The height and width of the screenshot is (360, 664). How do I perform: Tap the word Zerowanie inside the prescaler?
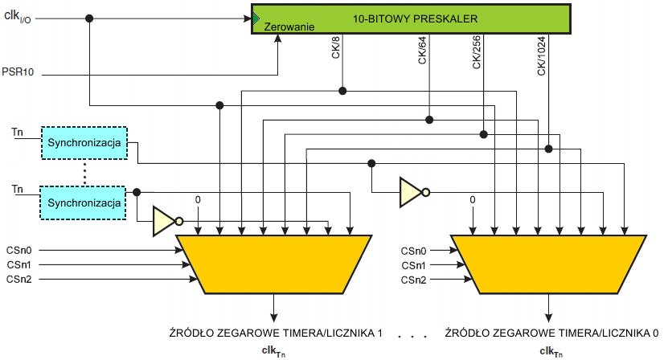[x=288, y=27]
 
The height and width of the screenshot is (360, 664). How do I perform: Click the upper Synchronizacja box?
[x=84, y=142]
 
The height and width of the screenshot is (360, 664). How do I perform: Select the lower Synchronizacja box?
[x=84, y=202]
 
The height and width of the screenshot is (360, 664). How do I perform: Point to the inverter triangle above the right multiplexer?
[x=411, y=191]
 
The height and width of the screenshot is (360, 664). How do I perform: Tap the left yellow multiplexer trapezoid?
[x=273, y=261]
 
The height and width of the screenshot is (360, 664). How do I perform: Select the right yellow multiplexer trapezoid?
[x=547, y=261]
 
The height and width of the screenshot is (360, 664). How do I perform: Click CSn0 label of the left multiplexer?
[x=20, y=251]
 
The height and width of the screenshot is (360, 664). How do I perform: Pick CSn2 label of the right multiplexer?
[x=415, y=279]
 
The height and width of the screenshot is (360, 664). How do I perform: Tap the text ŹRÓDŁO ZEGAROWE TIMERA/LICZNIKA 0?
[x=551, y=333]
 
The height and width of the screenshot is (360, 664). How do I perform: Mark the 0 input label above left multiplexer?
[x=198, y=199]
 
